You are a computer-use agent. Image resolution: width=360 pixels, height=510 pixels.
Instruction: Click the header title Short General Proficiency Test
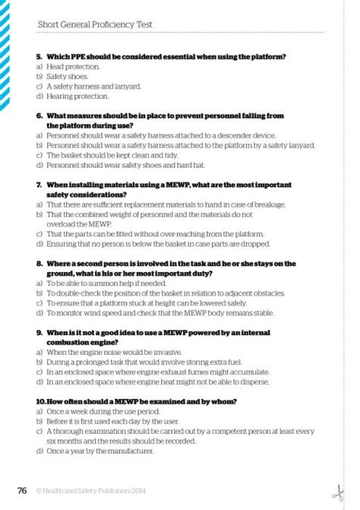tap(95, 24)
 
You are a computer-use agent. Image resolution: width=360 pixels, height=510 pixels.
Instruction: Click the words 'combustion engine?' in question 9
tap(81, 342)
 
